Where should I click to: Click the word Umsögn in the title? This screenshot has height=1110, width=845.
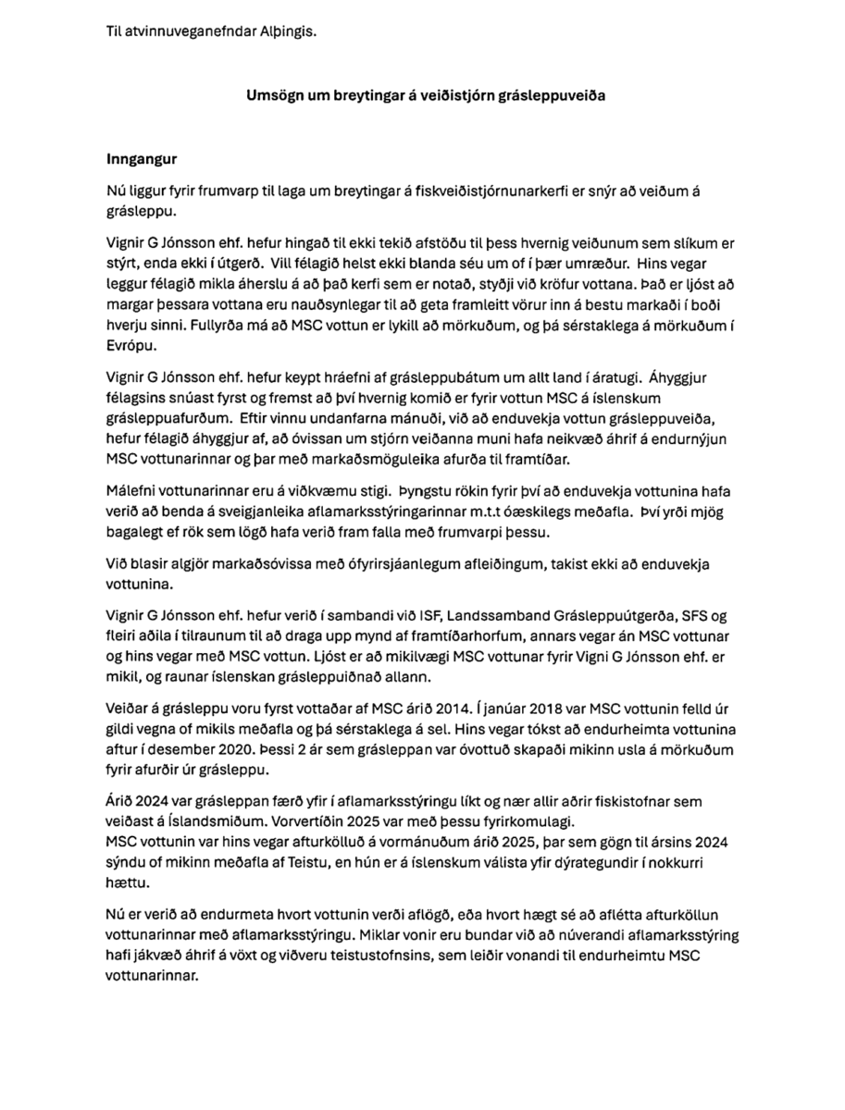coord(272,95)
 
